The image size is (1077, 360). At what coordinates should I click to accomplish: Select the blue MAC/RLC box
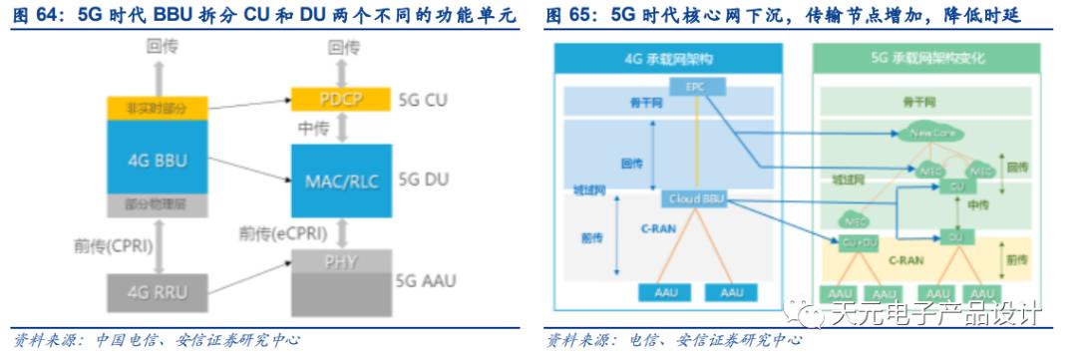(x=340, y=180)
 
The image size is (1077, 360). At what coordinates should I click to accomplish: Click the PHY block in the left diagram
(x=340, y=264)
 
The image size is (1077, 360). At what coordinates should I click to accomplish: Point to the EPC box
(x=695, y=87)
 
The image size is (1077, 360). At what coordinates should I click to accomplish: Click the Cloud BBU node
(x=695, y=198)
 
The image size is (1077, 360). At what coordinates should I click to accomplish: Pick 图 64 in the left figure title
(x=37, y=16)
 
